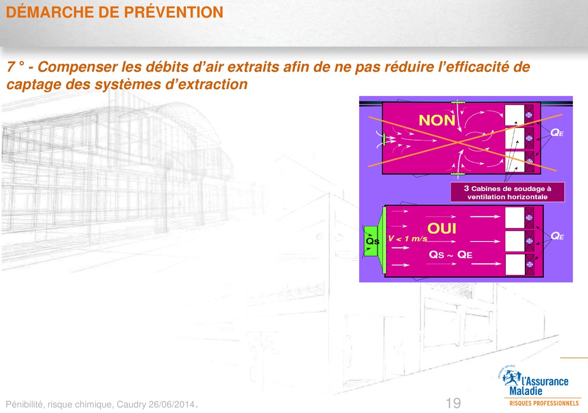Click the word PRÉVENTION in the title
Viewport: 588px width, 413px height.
click(x=173, y=12)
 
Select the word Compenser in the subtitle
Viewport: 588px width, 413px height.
click(x=78, y=67)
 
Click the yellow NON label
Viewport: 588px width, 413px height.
click(x=437, y=121)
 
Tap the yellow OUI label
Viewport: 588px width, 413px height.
click(x=442, y=228)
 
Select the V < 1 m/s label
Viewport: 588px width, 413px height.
click(x=407, y=239)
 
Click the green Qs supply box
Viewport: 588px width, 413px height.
click(x=371, y=241)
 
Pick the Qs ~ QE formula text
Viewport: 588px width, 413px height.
click(x=450, y=255)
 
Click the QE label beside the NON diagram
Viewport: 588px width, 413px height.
click(x=557, y=132)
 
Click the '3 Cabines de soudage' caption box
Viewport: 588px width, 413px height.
click(x=508, y=193)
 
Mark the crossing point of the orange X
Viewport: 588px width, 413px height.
click(x=458, y=142)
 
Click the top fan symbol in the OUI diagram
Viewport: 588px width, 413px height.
click(x=529, y=218)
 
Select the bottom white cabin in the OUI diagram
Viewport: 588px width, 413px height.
click(x=515, y=265)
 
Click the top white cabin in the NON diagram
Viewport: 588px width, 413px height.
click(x=514, y=115)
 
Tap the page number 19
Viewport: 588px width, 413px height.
click(x=453, y=403)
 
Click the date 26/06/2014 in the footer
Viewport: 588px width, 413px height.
click(x=171, y=404)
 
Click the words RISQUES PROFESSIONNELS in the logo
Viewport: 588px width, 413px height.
click(x=544, y=403)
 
